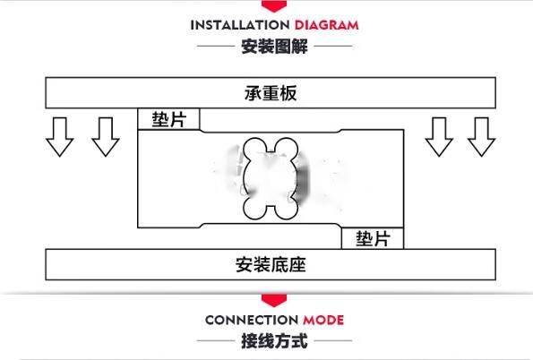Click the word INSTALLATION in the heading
point(240,25)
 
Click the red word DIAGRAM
point(327,25)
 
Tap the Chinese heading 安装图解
point(274,47)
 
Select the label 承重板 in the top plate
point(271,93)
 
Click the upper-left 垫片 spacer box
point(168,119)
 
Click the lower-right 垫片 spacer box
point(373,238)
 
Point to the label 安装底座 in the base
point(271,265)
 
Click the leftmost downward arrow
point(60,137)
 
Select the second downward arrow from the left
point(106,137)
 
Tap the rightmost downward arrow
point(481,137)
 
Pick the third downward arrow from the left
point(439,137)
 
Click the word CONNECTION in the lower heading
point(252,321)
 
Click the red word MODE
point(323,321)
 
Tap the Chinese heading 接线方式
point(274,341)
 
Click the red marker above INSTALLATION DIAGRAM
point(274,6)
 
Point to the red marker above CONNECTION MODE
point(274,301)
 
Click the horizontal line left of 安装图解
point(216,46)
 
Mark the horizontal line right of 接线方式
point(333,340)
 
